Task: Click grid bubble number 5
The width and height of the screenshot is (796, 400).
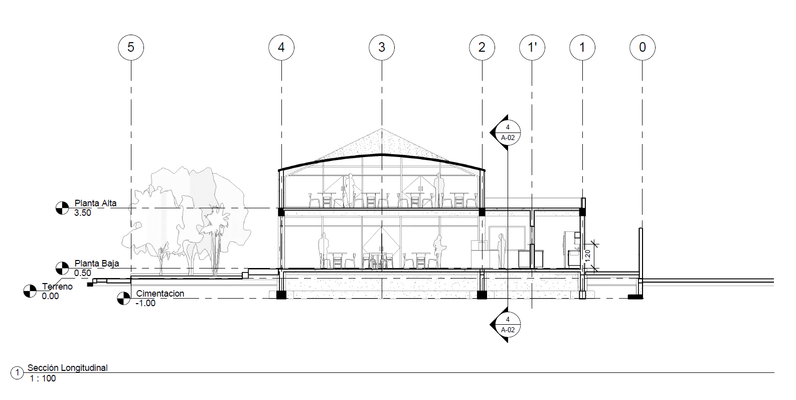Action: point(131,47)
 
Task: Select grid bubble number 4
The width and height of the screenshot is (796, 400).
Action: point(281,47)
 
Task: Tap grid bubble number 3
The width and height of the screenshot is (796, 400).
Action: point(382,47)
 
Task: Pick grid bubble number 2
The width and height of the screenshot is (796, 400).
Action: point(482,47)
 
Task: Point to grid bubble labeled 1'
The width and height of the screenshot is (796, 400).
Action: point(532,47)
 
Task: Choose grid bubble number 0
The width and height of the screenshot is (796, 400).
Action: point(643,47)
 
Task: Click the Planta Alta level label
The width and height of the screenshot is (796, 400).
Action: point(95,203)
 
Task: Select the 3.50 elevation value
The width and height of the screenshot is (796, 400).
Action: point(83,213)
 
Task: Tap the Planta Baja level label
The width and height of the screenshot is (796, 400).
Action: point(97,263)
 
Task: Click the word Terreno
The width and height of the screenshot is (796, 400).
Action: point(57,287)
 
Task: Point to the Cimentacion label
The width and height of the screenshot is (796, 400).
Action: point(160,294)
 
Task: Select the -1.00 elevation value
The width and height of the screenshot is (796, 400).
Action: point(145,303)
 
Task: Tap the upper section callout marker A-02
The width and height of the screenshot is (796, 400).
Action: point(508,132)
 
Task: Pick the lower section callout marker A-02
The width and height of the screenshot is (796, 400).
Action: point(508,325)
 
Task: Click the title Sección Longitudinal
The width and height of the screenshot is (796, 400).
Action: point(67,368)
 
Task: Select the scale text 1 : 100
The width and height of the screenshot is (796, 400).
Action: point(43,378)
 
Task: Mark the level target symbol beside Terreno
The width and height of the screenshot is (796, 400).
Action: point(30,291)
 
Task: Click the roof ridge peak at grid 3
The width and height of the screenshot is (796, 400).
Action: point(382,154)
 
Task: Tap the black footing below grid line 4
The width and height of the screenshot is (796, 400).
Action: point(281,295)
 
